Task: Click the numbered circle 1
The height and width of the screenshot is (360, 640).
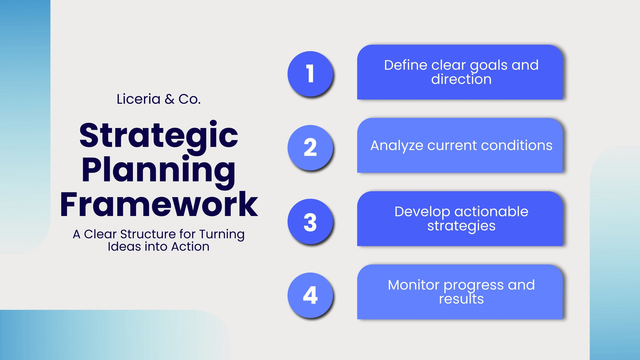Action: click(310, 74)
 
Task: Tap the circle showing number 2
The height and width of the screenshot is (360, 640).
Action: click(310, 148)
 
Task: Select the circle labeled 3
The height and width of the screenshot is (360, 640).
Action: click(310, 221)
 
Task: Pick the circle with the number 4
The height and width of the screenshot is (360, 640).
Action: click(310, 295)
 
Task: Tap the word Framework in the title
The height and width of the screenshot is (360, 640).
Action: click(159, 204)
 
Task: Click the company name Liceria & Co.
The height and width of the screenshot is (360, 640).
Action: click(158, 99)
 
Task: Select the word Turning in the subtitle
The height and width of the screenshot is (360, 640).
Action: click(222, 235)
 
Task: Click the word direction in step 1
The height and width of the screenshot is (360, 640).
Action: click(461, 79)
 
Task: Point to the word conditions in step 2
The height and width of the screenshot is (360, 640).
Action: click(516, 146)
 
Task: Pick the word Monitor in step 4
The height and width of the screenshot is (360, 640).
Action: click(414, 285)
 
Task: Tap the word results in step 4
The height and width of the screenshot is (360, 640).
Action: click(461, 299)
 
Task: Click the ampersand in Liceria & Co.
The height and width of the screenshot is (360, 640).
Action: click(170, 99)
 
